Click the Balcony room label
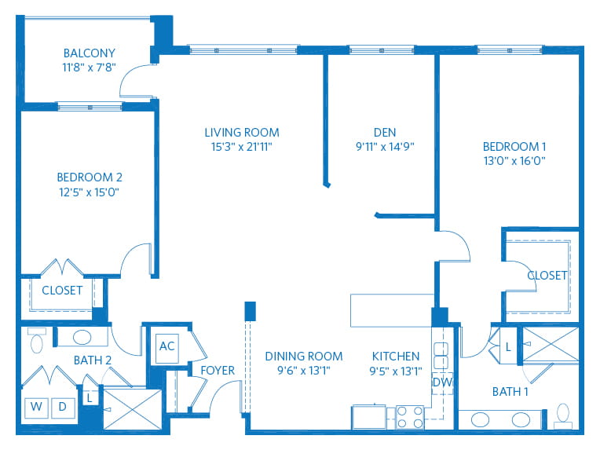[90, 53]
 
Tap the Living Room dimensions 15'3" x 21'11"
[241, 147]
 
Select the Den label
[385, 133]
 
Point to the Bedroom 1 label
[514, 147]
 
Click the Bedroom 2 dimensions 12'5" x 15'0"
[90, 192]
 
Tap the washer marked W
[36, 408]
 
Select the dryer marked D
[63, 408]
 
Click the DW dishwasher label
[442, 382]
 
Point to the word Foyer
[218, 371]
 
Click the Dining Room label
[304, 357]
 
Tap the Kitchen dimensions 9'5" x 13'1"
[396, 371]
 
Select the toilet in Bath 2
[37, 340]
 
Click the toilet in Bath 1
[563, 416]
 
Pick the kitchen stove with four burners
[410, 417]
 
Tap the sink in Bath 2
[82, 338]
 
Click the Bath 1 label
[510, 392]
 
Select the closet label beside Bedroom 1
[547, 276]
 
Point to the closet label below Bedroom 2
[62, 291]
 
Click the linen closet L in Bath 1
[508, 347]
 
